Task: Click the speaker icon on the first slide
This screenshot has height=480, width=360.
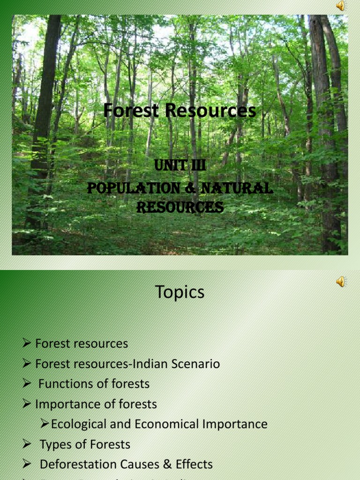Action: (341, 6)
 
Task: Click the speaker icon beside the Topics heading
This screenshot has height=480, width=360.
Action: (341, 281)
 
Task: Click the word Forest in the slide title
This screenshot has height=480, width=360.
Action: (126, 111)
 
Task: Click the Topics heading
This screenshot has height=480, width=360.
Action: (180, 292)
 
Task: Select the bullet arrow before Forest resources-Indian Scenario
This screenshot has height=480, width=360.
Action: (27, 364)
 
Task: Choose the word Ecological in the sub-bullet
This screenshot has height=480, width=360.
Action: (78, 424)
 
